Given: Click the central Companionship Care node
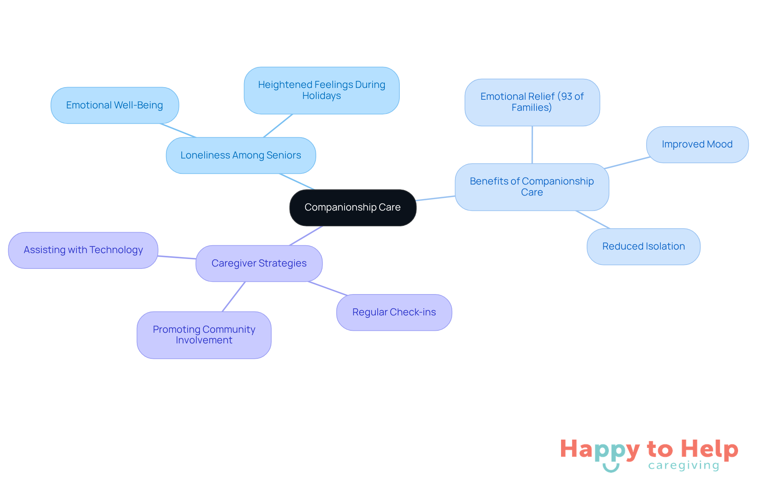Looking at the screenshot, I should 353,207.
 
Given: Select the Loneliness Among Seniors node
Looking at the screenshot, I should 241,155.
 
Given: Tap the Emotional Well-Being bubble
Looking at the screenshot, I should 115,105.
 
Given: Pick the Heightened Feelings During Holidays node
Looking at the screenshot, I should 322,90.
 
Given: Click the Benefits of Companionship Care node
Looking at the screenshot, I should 532,187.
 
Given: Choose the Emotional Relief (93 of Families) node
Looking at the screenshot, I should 532,102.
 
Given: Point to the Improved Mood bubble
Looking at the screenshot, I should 697,144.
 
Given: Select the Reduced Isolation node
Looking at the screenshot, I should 643,246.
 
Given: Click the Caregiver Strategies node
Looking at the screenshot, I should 259,263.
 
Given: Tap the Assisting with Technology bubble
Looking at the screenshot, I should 83,250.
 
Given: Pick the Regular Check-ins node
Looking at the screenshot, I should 394,312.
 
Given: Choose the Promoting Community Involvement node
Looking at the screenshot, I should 204,335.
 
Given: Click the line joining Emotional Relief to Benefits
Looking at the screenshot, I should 532,145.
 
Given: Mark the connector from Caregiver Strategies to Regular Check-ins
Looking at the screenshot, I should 328,288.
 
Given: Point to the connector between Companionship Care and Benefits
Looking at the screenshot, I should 436,198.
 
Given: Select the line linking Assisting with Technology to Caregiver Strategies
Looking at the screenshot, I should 177,257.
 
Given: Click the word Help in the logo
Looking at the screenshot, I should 709,449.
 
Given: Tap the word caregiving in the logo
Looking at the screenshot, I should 684,466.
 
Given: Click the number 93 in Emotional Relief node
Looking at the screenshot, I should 566,97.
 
